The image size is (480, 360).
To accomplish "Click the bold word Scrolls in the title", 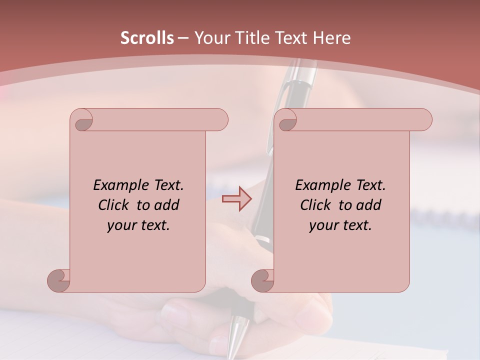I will pyautogui.click(x=147, y=38).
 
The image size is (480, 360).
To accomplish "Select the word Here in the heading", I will pyautogui.click(x=331, y=38).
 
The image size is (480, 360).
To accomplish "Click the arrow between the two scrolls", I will pyautogui.click(x=236, y=199).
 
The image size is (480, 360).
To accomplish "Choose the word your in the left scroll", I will pyautogui.click(x=120, y=225).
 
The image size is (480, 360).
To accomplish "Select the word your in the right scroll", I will pyautogui.click(x=322, y=225).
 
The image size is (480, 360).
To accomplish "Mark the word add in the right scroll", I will pyautogui.click(x=369, y=205).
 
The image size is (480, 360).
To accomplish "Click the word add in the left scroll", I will pyautogui.click(x=167, y=205).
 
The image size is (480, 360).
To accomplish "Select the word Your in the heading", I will pyautogui.click(x=210, y=38).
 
